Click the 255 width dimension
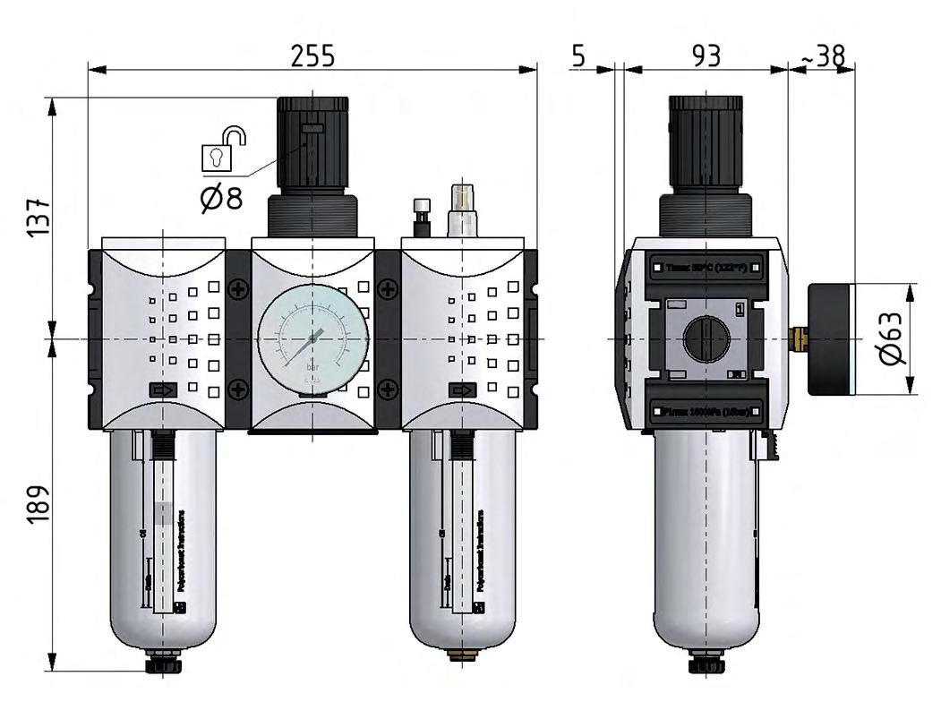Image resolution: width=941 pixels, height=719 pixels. pos(312,56)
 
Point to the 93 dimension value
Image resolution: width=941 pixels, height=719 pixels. pos(706,56)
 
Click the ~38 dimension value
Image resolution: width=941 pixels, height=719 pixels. pos(822,56)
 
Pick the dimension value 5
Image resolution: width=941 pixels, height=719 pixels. pos(577,56)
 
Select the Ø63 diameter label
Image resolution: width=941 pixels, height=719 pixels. pos(893,340)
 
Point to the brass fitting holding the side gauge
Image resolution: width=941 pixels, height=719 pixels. pos(799,338)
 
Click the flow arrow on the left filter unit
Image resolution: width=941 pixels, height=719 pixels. pos(163,390)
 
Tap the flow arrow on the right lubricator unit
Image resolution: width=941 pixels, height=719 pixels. pos(462,390)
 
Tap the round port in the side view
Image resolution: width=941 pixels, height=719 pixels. pos(706,339)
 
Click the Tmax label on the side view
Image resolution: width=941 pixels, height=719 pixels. pos(706,266)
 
